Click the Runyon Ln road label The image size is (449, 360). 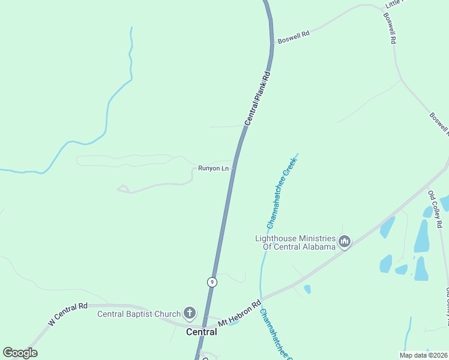point(214,169)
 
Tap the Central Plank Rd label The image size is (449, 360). point(258,99)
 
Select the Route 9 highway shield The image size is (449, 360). point(212,281)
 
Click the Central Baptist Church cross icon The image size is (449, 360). point(190,313)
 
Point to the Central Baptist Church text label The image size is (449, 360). point(139,314)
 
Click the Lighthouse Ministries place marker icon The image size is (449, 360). point(345,242)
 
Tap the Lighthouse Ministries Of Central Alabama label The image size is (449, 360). point(295,242)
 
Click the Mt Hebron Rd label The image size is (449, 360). point(240,313)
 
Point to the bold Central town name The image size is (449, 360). point(201,332)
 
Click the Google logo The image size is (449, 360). point(20,353)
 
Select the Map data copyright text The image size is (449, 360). point(423,355)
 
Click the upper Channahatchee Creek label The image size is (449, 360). point(282,194)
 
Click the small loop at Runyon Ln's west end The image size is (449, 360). point(124,189)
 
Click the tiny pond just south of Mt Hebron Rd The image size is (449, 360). point(307,289)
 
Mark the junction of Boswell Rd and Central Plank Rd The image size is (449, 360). point(272,44)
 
